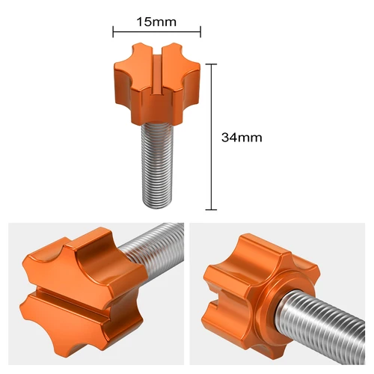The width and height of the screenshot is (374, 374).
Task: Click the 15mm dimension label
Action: click(x=156, y=22)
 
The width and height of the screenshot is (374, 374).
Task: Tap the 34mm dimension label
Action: click(x=242, y=138)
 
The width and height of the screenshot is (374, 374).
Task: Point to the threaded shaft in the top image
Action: click(x=157, y=161)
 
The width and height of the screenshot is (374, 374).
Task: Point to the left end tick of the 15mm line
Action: click(x=113, y=32)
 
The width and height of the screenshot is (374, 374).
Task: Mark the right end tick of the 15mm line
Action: click(x=200, y=32)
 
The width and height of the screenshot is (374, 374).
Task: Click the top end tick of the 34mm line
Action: click(x=215, y=64)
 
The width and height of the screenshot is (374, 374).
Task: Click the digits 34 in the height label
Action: click(x=230, y=138)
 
